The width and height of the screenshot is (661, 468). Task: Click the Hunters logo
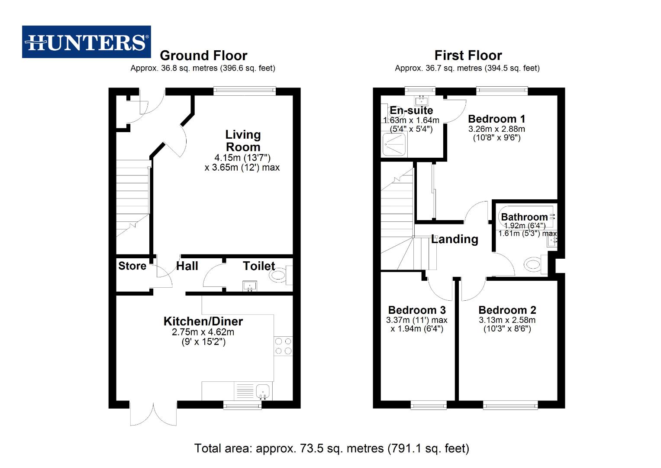[87, 42]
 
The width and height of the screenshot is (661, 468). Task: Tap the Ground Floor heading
[203, 55]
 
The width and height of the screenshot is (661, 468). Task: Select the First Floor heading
[468, 55]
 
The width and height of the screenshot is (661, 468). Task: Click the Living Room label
[243, 141]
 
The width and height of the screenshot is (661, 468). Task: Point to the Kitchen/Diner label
[203, 322]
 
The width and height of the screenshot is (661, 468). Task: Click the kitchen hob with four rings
[283, 346]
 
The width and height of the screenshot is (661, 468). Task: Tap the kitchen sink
[263, 391]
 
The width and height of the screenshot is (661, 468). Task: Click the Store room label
[132, 266]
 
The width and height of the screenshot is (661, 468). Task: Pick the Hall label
[187, 266]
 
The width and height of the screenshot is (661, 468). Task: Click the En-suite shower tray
[393, 144]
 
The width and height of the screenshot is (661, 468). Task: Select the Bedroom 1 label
[497, 119]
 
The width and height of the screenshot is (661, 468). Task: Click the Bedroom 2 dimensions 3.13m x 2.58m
[507, 320]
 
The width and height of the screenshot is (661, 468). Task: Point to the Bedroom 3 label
[417, 310]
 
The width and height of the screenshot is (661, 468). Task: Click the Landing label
[455, 239]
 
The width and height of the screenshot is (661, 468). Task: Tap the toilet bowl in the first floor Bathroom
[533, 264]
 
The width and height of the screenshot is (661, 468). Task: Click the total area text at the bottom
[332, 448]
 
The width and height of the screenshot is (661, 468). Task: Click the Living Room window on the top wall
[245, 91]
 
